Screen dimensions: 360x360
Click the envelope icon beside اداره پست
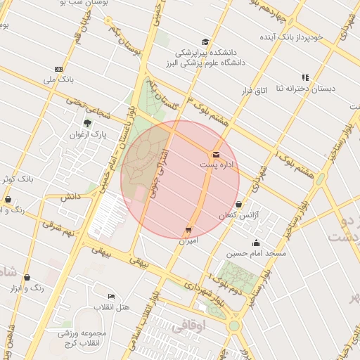(215, 154)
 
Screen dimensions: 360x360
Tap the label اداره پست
(215, 165)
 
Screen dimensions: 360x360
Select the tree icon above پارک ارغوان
(87, 123)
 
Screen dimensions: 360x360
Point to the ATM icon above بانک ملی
(58, 69)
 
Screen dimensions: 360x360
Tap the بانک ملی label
(58, 80)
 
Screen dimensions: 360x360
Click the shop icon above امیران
(188, 230)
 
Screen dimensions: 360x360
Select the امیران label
(188, 241)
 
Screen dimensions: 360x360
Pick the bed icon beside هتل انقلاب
(111, 297)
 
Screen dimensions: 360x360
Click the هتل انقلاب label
(112, 308)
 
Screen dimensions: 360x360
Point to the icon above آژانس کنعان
(239, 205)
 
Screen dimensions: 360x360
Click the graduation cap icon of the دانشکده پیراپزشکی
(205, 41)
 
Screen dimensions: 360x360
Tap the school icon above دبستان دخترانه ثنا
(305, 77)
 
